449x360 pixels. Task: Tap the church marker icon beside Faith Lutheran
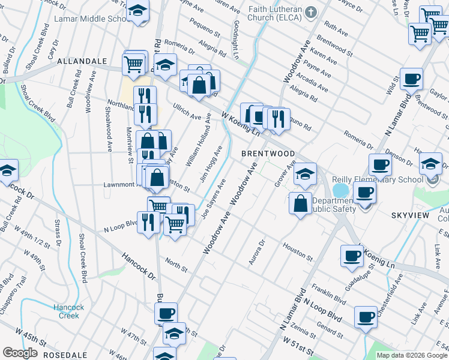[310, 11]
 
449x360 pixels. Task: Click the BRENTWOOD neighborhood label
[268, 154]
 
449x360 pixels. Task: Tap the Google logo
[20, 353]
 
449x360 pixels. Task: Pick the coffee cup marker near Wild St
[411, 79]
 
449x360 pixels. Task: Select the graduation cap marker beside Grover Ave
[305, 175]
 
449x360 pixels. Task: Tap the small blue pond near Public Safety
[340, 190]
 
